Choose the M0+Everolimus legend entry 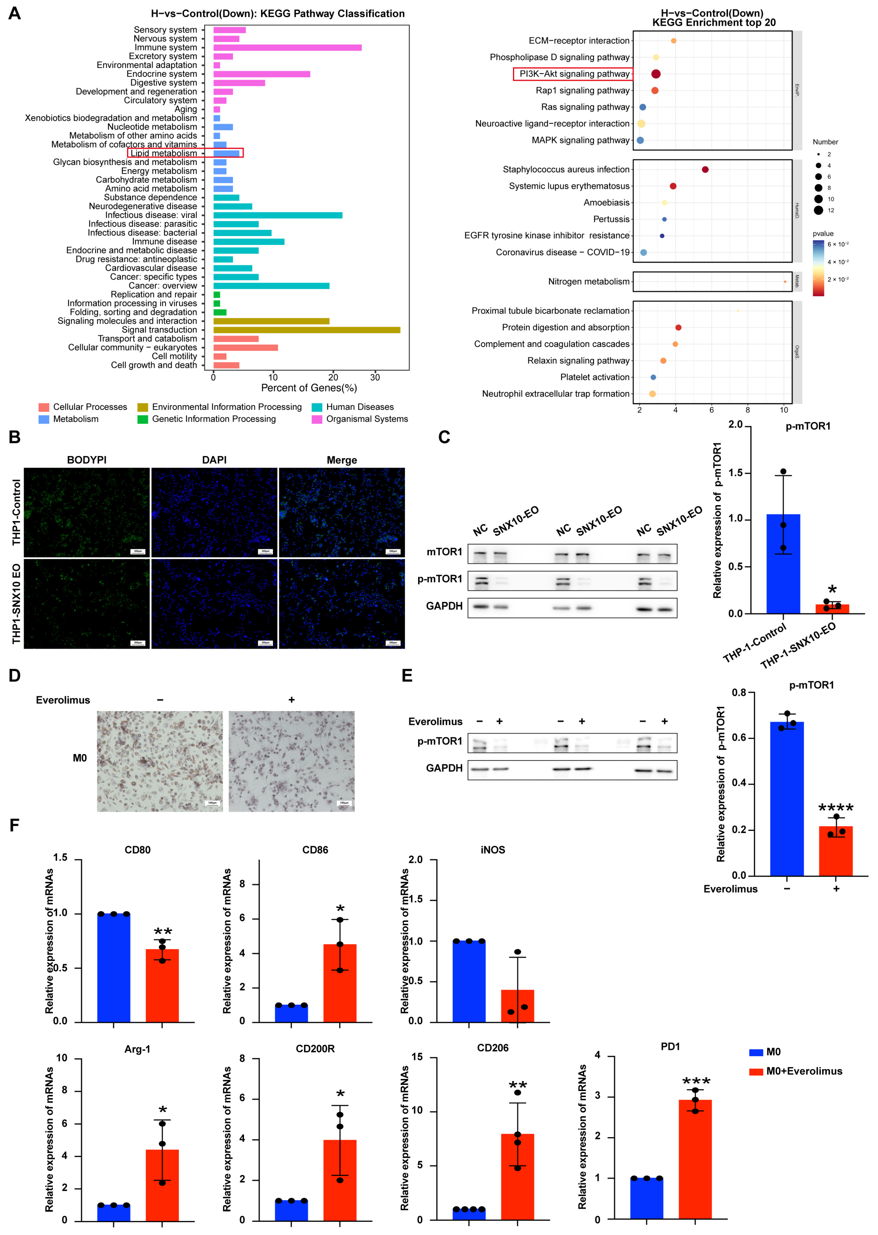click(803, 1071)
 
